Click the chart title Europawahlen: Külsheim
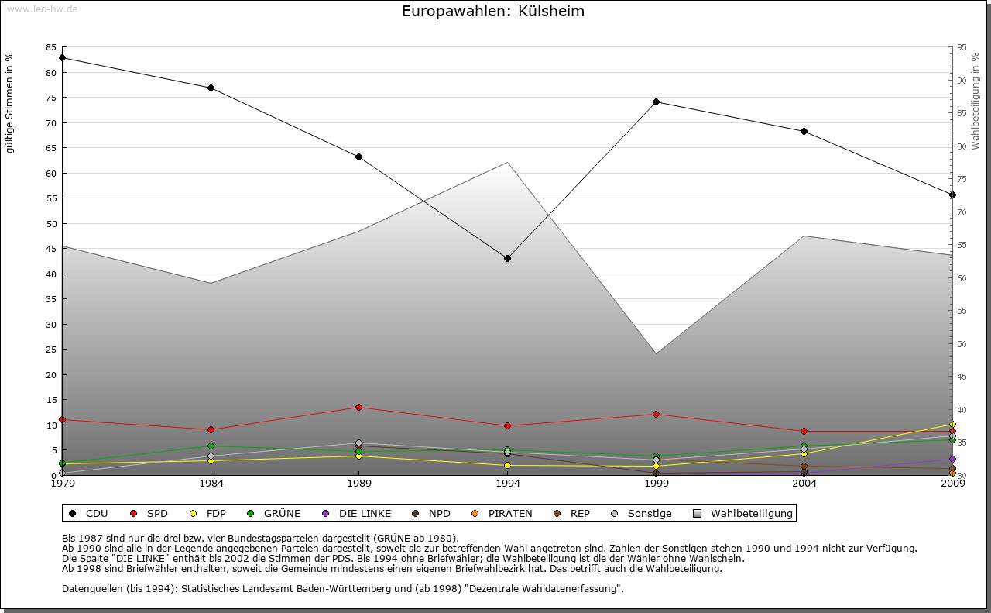[493, 12]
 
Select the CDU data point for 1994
[507, 258]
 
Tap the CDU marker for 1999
[656, 102]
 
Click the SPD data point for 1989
[359, 407]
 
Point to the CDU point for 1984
[211, 88]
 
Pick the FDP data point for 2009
[952, 424]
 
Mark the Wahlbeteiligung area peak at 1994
[507, 163]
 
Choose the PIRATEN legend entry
[502, 513]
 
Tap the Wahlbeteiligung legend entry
[743, 513]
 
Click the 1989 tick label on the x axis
[359, 484]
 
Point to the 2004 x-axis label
[804, 484]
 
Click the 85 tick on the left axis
[51, 47]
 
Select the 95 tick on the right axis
[962, 47]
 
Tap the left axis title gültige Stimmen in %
[10, 102]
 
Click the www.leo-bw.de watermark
[42, 9]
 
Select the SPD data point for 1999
[656, 414]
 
